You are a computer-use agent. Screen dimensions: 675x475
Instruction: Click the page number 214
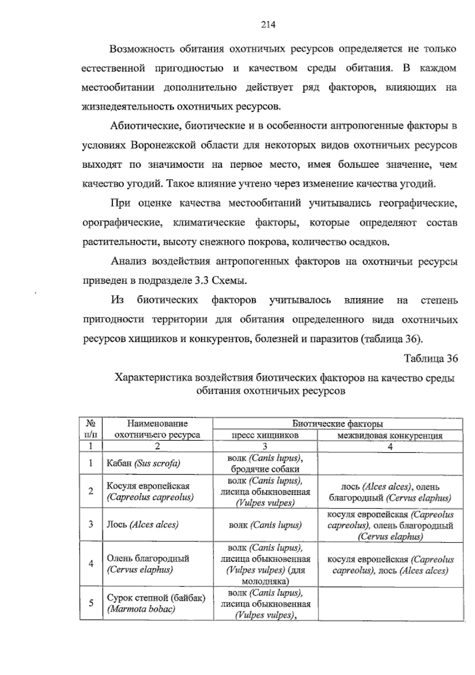(x=268, y=25)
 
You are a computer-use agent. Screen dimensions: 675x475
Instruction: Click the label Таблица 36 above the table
(x=431, y=358)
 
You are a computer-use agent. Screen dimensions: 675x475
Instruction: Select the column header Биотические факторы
(x=337, y=424)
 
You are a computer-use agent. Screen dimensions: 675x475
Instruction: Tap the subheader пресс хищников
(x=265, y=435)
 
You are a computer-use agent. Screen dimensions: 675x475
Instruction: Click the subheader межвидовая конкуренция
(x=389, y=436)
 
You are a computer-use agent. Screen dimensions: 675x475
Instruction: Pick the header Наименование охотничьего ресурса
(x=157, y=429)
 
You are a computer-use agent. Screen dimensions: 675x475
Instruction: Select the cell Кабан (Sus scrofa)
(x=143, y=463)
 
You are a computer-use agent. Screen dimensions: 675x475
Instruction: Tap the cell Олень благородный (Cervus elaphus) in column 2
(x=148, y=564)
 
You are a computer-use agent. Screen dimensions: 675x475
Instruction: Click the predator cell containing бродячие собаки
(x=265, y=463)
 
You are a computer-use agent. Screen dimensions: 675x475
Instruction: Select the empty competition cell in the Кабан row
(x=390, y=463)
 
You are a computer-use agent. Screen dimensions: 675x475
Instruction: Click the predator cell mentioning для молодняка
(x=265, y=564)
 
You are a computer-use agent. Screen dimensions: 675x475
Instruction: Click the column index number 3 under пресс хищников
(x=265, y=446)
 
